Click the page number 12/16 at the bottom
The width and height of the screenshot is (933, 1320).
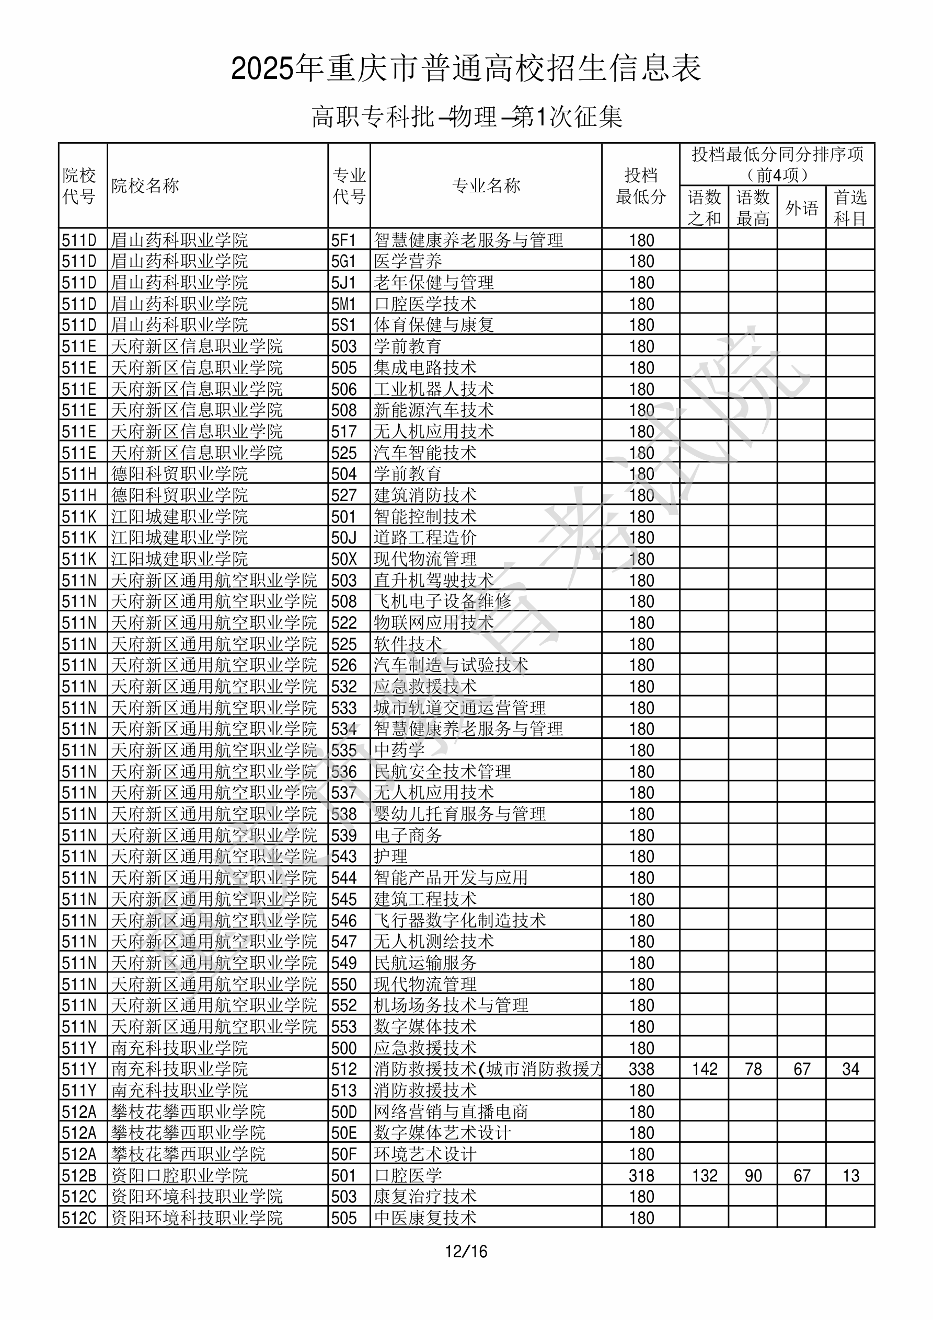(x=466, y=1251)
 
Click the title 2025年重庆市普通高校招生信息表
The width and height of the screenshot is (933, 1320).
(x=466, y=68)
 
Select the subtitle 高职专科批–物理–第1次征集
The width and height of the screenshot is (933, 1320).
(x=466, y=117)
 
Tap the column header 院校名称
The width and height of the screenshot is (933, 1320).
(x=145, y=186)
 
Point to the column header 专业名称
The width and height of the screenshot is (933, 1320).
(x=486, y=186)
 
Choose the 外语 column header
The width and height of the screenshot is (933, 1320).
(x=801, y=207)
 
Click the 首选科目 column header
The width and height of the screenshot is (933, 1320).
(x=850, y=207)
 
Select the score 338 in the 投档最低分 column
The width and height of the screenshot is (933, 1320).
(x=641, y=1069)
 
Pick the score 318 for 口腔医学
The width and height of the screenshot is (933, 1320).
(x=641, y=1175)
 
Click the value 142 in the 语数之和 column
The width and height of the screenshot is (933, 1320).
(x=705, y=1069)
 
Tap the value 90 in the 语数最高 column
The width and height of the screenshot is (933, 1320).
(x=753, y=1175)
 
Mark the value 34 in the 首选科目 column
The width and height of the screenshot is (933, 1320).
(x=850, y=1069)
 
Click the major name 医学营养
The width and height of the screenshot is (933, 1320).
(x=408, y=261)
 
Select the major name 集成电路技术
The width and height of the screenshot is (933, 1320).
(x=425, y=367)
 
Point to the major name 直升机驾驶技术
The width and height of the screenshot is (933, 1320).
(x=434, y=580)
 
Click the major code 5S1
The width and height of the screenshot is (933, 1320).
(x=343, y=325)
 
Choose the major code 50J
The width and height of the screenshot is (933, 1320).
(x=343, y=538)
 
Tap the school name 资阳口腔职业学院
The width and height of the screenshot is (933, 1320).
(x=179, y=1175)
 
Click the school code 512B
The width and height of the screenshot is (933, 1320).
(x=79, y=1175)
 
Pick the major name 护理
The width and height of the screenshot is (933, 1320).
(x=390, y=856)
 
